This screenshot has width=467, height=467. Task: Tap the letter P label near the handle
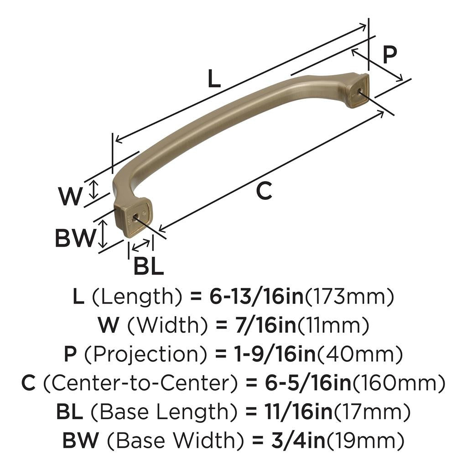tap(389, 55)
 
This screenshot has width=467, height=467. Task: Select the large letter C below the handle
tap(264, 191)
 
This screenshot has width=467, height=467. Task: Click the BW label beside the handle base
tap(76, 238)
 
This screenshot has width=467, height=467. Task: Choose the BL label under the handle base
tap(148, 266)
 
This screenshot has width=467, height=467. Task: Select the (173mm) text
tap(349, 297)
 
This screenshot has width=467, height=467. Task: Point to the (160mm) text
tap(399, 384)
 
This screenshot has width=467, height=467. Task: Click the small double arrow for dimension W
tap(93, 189)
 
